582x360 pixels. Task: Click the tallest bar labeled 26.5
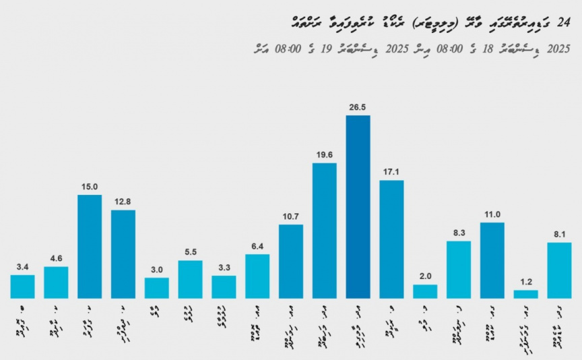pyautogui.click(x=358, y=207)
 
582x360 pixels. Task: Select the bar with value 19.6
pyautogui.click(x=324, y=231)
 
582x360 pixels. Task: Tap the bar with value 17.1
pyautogui.click(x=391, y=239)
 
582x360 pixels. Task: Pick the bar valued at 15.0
pyautogui.click(x=90, y=246)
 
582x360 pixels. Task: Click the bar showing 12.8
pyautogui.click(x=123, y=254)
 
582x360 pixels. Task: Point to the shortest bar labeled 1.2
pyautogui.click(x=525, y=294)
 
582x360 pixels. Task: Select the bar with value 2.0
pyautogui.click(x=425, y=291)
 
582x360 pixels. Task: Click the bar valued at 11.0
pyautogui.click(x=492, y=260)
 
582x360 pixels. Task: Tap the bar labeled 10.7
pyautogui.click(x=290, y=262)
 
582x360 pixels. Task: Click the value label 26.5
pyautogui.click(x=358, y=107)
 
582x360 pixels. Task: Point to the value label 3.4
pyautogui.click(x=22, y=266)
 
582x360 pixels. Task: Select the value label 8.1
pyautogui.click(x=559, y=234)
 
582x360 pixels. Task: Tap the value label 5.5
pyautogui.click(x=190, y=252)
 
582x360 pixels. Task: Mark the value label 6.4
pyautogui.click(x=257, y=246)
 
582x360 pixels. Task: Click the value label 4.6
pyautogui.click(x=56, y=258)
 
